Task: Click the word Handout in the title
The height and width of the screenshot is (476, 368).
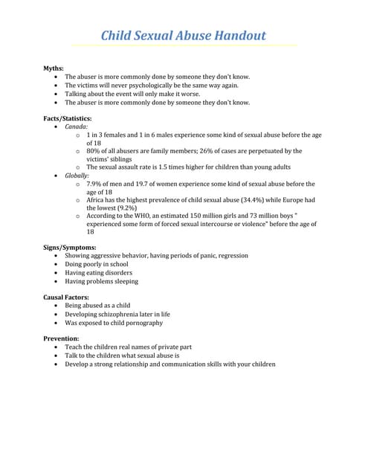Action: pos(236,36)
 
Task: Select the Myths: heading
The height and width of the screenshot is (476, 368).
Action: pos(54,68)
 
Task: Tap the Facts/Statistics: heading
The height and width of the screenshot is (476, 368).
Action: pos(68,118)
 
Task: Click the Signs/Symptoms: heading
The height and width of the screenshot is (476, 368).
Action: pos(69,247)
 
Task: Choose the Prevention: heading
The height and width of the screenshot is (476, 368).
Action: pos(61,339)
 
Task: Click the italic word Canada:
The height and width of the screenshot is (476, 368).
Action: pos(76,127)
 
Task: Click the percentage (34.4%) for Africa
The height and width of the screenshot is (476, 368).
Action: pos(254,200)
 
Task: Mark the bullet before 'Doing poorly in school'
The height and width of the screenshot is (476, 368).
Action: pos(57,264)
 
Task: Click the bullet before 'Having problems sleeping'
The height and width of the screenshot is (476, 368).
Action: pos(57,282)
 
